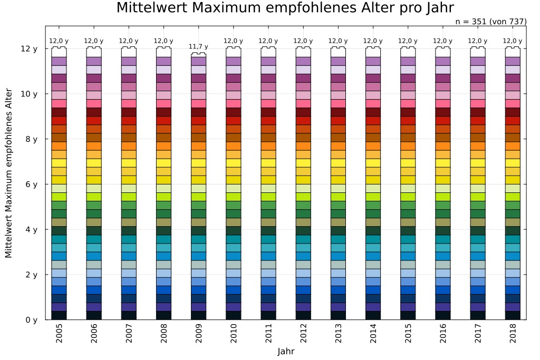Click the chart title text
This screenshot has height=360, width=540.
[285, 8]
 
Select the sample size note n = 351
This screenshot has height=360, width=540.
[490, 22]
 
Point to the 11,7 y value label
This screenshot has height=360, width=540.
[198, 46]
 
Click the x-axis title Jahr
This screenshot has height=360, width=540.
[285, 351]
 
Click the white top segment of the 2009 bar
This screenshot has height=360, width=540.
[198, 55]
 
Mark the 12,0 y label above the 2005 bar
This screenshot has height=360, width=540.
[59, 41]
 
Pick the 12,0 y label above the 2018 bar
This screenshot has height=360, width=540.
[513, 41]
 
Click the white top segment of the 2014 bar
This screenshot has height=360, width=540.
[373, 52]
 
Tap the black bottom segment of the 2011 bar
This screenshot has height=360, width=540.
[268, 315]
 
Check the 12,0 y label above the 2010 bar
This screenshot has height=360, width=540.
[234, 41]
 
